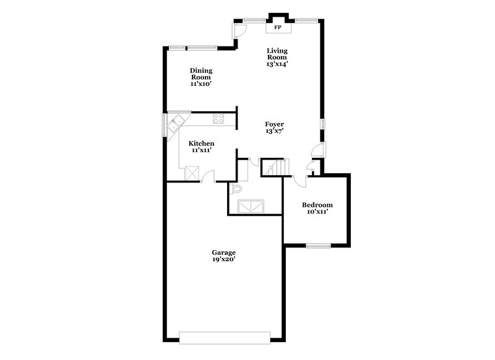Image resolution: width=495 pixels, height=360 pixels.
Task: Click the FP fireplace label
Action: [x=278, y=28]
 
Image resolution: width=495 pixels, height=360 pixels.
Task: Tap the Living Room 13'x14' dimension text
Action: [x=277, y=63]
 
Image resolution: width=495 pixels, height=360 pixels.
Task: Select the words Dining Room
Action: [x=201, y=74]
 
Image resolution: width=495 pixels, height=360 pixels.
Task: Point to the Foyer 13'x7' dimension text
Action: [x=275, y=131]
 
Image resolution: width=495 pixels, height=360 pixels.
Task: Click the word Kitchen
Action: [x=202, y=143]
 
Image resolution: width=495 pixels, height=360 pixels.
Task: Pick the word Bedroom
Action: [x=317, y=205]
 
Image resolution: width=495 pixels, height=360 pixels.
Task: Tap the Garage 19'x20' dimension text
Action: [x=223, y=259]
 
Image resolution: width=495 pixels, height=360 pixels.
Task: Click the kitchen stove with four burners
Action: [x=218, y=118]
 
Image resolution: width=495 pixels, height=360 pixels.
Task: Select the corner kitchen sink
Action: [x=176, y=121]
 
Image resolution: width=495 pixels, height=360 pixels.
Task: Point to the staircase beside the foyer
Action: [x=275, y=167]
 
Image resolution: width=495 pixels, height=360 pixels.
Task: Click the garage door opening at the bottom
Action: [x=225, y=337]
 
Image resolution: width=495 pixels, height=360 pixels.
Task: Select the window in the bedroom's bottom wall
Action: [x=318, y=246]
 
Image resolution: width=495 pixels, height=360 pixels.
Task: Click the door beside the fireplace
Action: [x=238, y=30]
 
